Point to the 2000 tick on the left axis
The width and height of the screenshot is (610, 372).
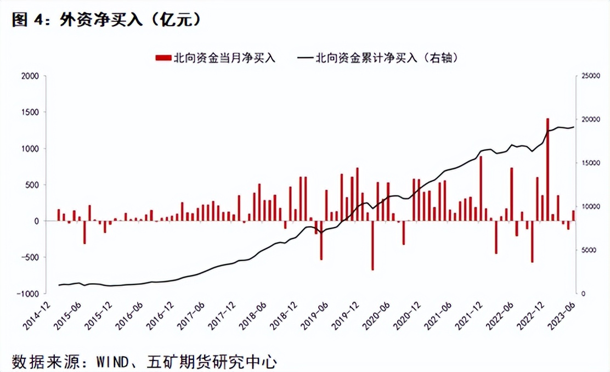(30, 76)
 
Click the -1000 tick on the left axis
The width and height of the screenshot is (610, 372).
(28, 294)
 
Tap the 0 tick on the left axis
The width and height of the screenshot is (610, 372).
(36, 221)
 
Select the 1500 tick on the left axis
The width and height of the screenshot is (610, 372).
(30, 112)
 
